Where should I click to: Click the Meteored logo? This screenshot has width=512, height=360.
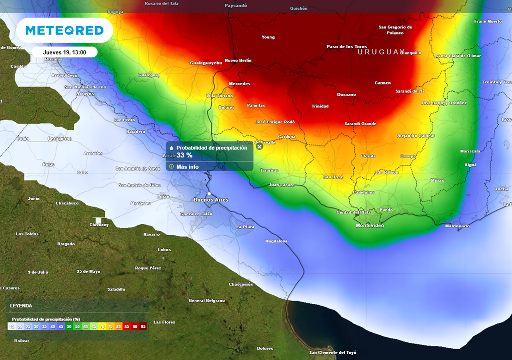coord(64,30)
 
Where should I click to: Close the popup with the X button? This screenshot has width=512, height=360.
coord(259,146)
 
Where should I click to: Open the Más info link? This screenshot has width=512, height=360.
coord(187,167)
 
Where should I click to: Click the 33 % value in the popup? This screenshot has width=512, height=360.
coord(184,155)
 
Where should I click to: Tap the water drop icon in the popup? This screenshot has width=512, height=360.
coord(171,148)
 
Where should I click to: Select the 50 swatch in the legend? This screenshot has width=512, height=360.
coord(69,326)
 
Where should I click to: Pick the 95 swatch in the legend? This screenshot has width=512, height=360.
coord(143,326)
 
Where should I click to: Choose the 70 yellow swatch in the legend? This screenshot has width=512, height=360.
coord(102,326)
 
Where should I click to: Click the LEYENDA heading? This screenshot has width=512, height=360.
coord(21,306)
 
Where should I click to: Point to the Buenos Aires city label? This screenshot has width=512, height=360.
coord(211,200)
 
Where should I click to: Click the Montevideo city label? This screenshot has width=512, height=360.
coord(370,226)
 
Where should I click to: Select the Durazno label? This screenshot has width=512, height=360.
coord(346,94)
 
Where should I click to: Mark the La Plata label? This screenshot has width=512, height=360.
coord(245,227)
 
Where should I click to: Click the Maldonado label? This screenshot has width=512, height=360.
coord(457,226)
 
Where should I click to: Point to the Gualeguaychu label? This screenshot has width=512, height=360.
coord(206,63)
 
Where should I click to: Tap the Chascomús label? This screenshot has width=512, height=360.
coord(241,284)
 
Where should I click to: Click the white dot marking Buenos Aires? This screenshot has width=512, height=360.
coord(210,194)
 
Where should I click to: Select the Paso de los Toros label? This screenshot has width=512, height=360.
coord(347,47)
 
